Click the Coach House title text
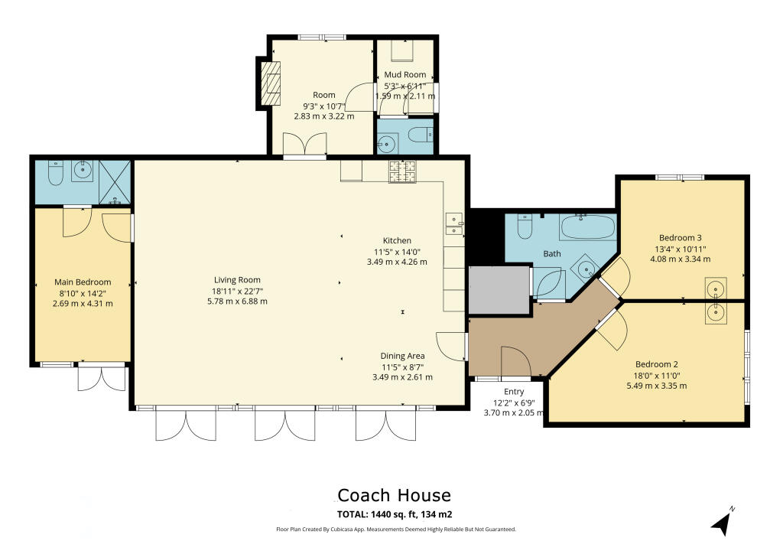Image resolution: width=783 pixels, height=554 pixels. tap(394, 495)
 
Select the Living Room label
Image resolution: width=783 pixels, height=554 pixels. tap(237, 280)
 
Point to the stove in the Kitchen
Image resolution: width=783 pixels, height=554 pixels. tap(402, 172)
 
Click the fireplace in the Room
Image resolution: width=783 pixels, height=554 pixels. tap(271, 83)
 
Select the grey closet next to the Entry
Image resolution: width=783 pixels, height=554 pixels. tap(499, 289)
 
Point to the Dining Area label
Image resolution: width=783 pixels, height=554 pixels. tap(402, 356)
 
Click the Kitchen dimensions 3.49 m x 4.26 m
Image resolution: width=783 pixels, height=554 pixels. tap(397, 262)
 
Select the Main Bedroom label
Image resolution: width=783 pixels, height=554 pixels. tap(83, 282)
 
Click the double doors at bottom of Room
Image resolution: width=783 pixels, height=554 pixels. tap(305, 145)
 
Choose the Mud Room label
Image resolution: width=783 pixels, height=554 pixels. tap(404, 74)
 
